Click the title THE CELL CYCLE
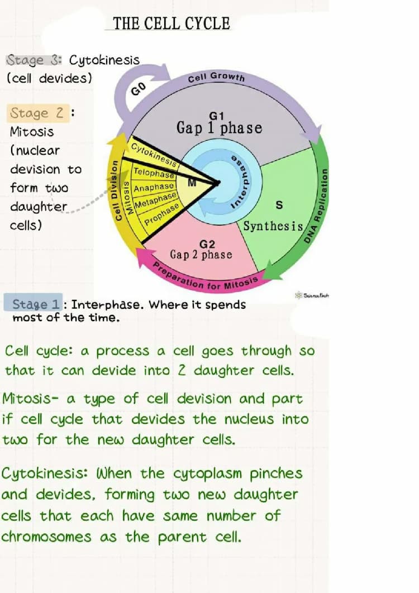(x=171, y=23)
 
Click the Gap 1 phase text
(x=219, y=128)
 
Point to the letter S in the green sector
(x=279, y=205)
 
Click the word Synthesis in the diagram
(x=273, y=227)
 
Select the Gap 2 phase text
(x=201, y=255)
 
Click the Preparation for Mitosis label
(x=205, y=277)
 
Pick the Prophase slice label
(x=162, y=213)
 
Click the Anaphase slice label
(x=154, y=186)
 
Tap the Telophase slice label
(x=154, y=173)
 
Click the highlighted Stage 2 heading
(x=37, y=113)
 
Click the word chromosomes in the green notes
(x=46, y=537)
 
